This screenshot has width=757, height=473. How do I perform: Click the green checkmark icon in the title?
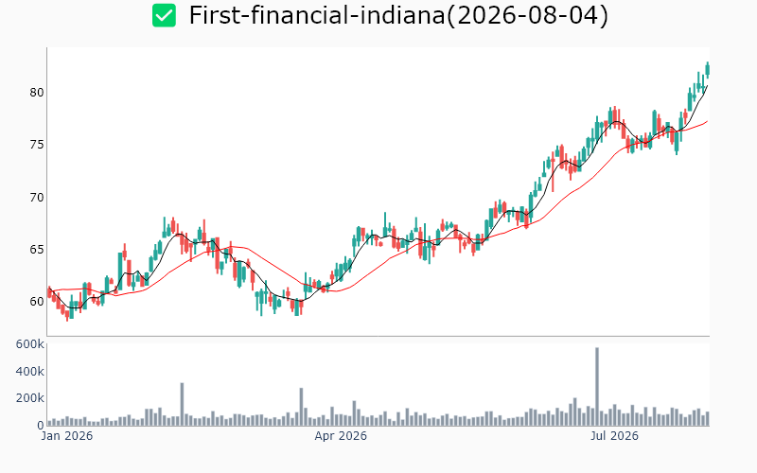(164, 15)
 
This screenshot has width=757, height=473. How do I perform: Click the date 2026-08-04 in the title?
(528, 15)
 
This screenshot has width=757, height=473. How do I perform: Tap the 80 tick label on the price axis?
(37, 92)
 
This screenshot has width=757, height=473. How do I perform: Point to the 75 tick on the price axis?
(37, 145)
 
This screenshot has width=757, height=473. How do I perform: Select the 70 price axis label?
(37, 198)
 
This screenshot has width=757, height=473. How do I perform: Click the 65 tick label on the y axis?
(37, 250)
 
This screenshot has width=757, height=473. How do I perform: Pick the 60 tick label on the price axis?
(37, 302)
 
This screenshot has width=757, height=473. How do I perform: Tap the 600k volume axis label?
(30, 344)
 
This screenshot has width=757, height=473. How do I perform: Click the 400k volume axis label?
(30, 371)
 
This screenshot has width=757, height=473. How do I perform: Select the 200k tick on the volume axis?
(30, 398)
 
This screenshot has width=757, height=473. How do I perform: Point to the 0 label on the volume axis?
(41, 425)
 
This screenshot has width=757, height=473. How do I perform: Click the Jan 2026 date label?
(67, 436)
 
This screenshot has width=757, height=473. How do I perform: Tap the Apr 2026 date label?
(341, 436)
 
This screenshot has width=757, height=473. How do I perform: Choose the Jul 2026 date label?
(614, 436)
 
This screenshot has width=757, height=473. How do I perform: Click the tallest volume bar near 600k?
(597, 386)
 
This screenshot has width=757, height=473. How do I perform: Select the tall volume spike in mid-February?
(182, 404)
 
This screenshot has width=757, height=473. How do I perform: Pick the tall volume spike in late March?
(301, 407)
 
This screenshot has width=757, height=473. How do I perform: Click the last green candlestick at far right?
(708, 69)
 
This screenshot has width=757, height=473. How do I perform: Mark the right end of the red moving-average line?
(708, 121)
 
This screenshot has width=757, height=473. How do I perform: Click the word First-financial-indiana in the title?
(317, 15)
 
